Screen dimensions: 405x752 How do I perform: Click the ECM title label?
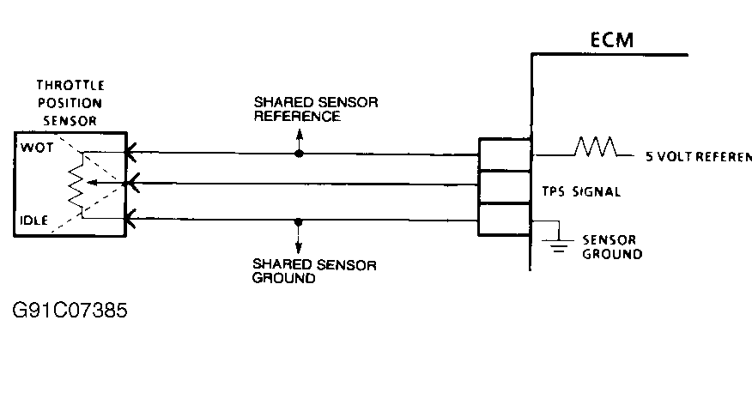point(610,40)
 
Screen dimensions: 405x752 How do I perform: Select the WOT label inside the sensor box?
point(37,147)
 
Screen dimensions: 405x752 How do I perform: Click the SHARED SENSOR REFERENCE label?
point(315,109)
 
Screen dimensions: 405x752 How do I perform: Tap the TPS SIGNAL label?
point(580,191)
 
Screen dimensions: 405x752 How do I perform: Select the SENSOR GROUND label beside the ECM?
point(611,247)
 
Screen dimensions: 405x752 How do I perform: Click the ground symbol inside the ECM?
point(558,241)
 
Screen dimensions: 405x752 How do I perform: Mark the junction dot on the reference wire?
point(299,154)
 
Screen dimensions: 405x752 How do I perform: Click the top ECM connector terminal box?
point(504,155)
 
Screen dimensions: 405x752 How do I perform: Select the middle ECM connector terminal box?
point(504,186)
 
